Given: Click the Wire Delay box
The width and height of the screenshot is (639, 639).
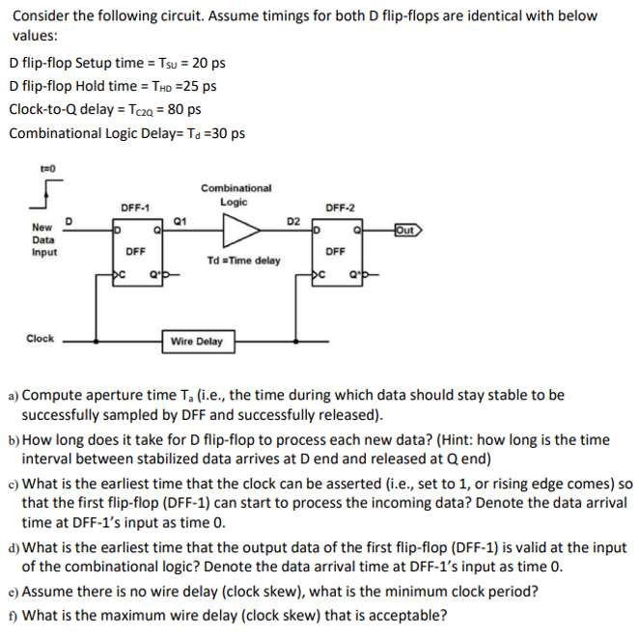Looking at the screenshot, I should click(196, 342).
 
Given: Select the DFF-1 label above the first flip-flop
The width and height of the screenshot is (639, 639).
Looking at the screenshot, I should click(134, 207).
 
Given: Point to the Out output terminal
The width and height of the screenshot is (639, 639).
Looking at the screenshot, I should click(408, 229).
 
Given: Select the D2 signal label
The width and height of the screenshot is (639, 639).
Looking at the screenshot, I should click(293, 220).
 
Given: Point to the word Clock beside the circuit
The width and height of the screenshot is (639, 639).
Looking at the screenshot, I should click(40, 339).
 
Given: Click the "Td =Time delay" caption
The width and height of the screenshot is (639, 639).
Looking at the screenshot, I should click(243, 261).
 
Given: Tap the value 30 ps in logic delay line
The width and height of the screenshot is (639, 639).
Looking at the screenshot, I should click(227, 133).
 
